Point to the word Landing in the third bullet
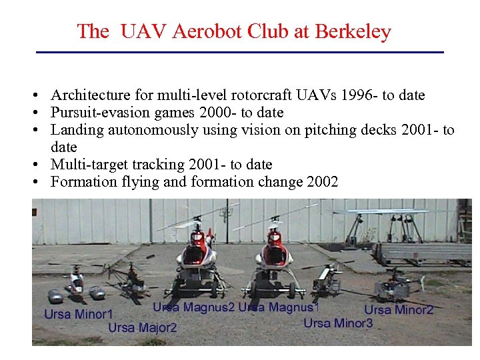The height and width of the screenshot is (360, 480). coord(75,130)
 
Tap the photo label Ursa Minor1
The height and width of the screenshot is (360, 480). coord(79,313)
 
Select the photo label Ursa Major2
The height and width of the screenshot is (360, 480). coord(143,327)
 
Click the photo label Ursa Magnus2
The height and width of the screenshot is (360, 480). coord(193,307)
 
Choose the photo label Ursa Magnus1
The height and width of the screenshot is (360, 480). coord(279,307)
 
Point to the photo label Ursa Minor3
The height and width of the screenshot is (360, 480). coord(338,323)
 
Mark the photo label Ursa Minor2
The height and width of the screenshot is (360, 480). coord(399,309)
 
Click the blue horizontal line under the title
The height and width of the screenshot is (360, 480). coord(239,52)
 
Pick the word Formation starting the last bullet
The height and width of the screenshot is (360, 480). coord(80,182)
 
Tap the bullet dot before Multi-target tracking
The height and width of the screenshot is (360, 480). coord(41,165)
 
